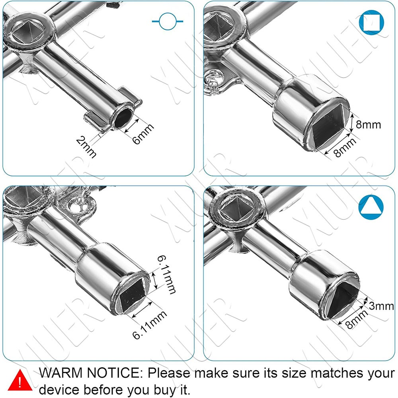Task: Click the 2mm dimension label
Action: pos(86,147)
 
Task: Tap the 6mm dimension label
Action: pos(143,133)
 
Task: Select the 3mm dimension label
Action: pos(381,306)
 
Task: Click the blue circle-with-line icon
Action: pos(168,21)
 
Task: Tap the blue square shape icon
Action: pos(371,22)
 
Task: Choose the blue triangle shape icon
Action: pos(371,207)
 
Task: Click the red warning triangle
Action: pos(20,380)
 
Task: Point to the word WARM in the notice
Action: pos(61,373)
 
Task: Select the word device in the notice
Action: pos(59,389)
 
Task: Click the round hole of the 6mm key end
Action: pos(123,117)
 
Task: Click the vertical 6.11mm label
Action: pos(166,275)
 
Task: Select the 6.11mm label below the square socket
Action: pos(150,325)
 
